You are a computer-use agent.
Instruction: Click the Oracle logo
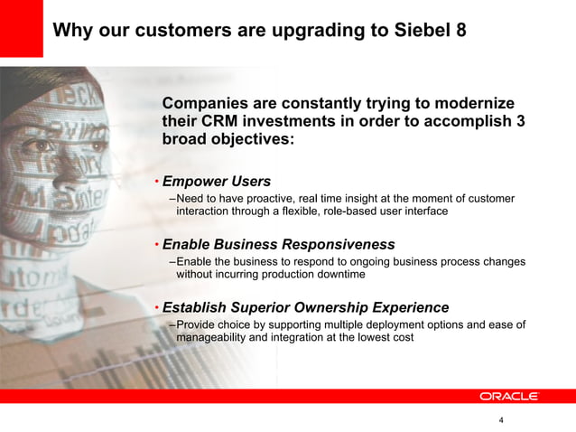pyautogui.click(x=508, y=396)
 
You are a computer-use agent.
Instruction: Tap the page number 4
pyautogui.click(x=501, y=420)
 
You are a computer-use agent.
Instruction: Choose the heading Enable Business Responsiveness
pyautogui.click(x=278, y=245)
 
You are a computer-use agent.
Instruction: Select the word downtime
pyautogui.click(x=337, y=274)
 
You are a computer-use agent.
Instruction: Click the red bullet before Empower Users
pyautogui.click(x=156, y=182)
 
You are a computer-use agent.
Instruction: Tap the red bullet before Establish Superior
pyautogui.click(x=156, y=307)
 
